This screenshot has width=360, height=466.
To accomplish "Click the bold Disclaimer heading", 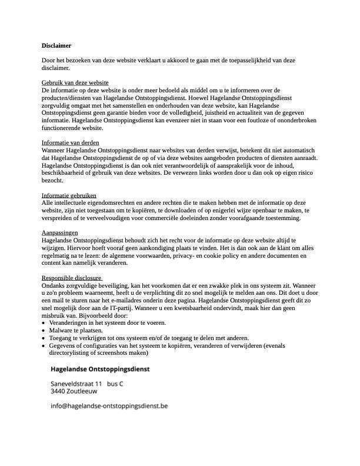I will [x=56, y=45].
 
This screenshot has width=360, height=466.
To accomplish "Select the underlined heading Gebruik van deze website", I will [x=75, y=82].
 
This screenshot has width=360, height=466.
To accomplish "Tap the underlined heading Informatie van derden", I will [x=70, y=143].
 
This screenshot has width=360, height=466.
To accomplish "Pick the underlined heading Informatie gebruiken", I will [x=69, y=195].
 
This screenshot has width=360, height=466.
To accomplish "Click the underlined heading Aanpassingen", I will [x=60, y=233].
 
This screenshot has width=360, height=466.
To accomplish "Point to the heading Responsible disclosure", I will [x=72, y=278].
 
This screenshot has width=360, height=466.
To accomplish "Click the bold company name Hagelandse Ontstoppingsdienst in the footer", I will [x=100, y=370].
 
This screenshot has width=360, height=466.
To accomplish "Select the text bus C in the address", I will [x=115, y=384].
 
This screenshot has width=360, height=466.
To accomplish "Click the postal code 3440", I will [x=58, y=391].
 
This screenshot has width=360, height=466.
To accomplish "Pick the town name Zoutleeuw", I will [x=82, y=391].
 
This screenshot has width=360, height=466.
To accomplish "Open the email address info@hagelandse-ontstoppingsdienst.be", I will [x=109, y=405].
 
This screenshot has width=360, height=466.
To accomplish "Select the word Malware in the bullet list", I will [x=61, y=331].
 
